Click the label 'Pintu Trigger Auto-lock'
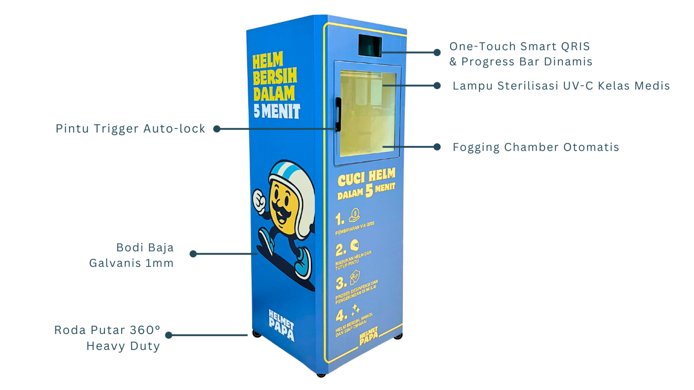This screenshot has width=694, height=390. click(x=130, y=129)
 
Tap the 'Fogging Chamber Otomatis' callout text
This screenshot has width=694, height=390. click(x=536, y=147)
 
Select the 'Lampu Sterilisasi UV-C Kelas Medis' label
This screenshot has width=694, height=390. click(x=561, y=86)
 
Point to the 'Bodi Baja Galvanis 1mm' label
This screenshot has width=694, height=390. click(x=131, y=255)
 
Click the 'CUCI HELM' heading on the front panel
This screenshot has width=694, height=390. click(x=367, y=177)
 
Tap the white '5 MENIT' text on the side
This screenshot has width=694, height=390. click(x=277, y=111)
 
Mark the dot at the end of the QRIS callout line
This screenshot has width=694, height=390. click(x=437, y=52)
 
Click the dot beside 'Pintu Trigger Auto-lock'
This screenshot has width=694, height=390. click(x=217, y=129)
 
